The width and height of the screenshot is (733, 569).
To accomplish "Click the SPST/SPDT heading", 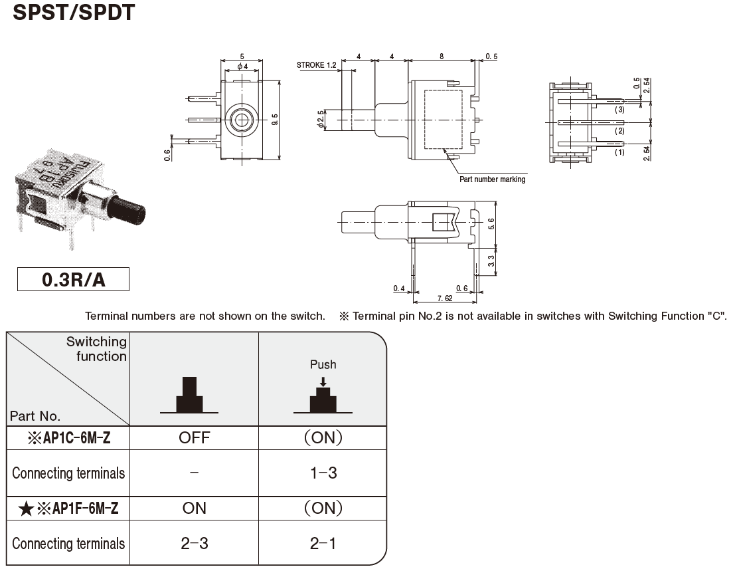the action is point(74,12).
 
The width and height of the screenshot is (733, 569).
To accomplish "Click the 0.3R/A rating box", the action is point(74,279).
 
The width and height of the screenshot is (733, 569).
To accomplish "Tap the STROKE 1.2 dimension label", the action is point(317,65).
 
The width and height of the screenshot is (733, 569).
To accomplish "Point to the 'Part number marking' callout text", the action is point(492,179).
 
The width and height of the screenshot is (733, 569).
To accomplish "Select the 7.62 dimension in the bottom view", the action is point(445,298).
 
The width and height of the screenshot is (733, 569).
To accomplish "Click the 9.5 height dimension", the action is point(275,120).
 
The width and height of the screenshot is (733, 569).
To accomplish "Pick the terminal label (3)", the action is point(619,110).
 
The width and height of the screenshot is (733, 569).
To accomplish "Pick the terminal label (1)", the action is point(619,152).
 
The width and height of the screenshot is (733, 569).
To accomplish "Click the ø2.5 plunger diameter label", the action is point(320,120).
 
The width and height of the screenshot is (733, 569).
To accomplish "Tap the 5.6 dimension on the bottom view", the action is point(491,224).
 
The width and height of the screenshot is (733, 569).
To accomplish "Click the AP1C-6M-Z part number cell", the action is point(68,438).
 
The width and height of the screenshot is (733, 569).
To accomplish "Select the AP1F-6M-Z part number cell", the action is point(68,508).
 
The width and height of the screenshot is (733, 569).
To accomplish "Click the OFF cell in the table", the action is point(194,438).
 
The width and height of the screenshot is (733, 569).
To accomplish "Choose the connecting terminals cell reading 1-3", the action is point(323,473).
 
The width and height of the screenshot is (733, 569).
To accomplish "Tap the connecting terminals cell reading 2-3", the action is point(194,543).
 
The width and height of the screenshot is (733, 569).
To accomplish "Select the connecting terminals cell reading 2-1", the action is point(323,543).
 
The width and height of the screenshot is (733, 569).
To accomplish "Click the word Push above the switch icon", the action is point(323,364).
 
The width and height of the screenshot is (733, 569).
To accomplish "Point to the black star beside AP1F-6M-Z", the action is point(26,509).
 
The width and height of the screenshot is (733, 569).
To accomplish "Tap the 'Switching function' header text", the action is point(96,349).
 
